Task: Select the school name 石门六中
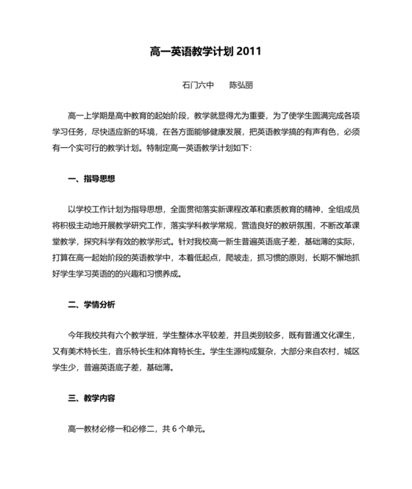[x=197, y=85]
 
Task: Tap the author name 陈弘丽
[x=241, y=85]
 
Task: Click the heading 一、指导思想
[x=91, y=179]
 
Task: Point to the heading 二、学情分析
[x=91, y=304]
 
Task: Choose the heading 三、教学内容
[x=91, y=398]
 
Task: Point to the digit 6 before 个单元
[x=174, y=429]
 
